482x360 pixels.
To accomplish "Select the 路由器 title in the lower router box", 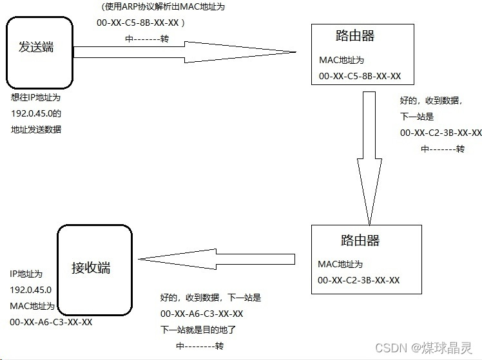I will (x=360, y=240).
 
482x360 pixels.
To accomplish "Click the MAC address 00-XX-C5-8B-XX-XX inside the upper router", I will (x=360, y=76).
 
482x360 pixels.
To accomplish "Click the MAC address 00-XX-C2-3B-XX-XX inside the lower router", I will (x=359, y=280).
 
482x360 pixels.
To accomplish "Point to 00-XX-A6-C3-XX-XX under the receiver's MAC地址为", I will (x=51, y=321).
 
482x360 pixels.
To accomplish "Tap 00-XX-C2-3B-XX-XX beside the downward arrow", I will (x=441, y=133).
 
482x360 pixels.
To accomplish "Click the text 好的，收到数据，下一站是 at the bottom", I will (x=210, y=298).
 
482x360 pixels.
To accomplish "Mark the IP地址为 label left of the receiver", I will (x=27, y=274).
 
